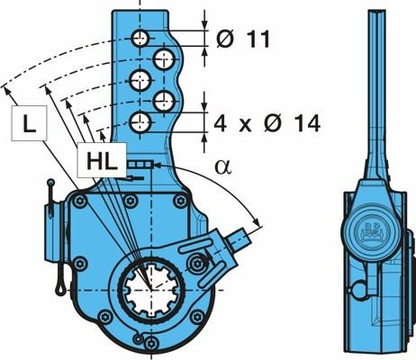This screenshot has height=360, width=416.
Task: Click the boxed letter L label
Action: pyautogui.click(x=29, y=123)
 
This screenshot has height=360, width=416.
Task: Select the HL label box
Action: pyautogui.click(x=102, y=160)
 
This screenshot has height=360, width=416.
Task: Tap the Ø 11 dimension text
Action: pyautogui.click(x=243, y=39)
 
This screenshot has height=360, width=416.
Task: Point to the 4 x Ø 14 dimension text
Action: pyautogui.click(x=267, y=123)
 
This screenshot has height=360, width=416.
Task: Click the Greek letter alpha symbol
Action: pyautogui.click(x=223, y=167)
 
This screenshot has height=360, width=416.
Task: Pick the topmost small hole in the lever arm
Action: pyautogui.click(x=140, y=38)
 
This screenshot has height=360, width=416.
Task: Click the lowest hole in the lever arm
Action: pyautogui.click(x=140, y=122)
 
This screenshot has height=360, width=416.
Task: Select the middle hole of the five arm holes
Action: pyautogui.click(x=140, y=80)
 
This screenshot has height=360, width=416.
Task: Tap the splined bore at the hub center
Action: pyautogui.click(x=150, y=290)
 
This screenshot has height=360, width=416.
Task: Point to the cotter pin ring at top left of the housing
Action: pyautogui.click(x=51, y=182)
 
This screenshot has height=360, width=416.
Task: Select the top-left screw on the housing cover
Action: pyautogui.click(x=80, y=201)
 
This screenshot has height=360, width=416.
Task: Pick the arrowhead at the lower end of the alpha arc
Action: pyautogui.click(x=256, y=222)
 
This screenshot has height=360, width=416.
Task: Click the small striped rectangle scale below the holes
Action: pyautogui.click(x=140, y=164)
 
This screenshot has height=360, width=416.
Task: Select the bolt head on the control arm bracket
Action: pyautogui.click(x=196, y=264)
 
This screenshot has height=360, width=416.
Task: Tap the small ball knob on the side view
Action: pyautogui.click(x=359, y=289)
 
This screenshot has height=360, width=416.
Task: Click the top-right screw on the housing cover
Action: pyautogui.click(x=180, y=201)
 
